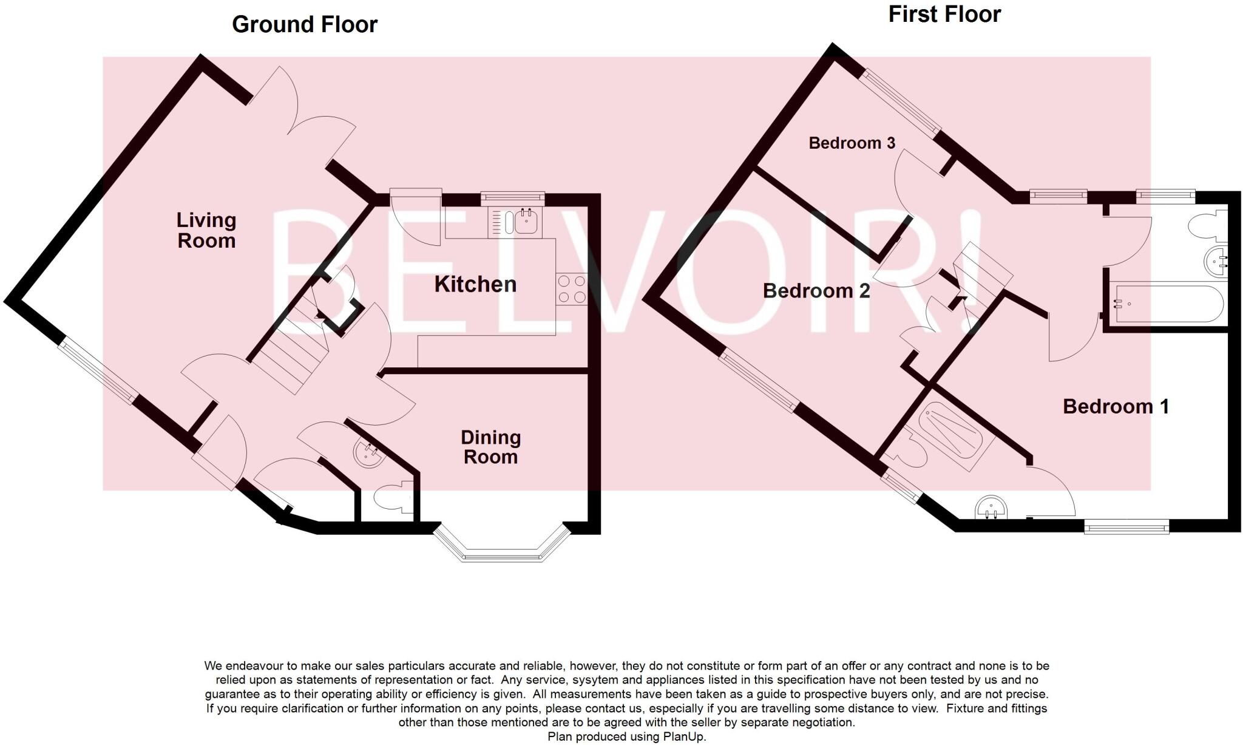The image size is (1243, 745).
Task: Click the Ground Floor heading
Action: click(305, 24)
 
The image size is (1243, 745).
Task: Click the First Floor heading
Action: click(944, 14)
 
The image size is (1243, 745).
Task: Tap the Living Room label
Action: click(206, 230)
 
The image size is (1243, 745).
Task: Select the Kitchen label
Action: click(475, 284)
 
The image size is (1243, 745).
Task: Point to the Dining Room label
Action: click(490, 447)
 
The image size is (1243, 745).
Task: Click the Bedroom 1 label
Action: click(1116, 406)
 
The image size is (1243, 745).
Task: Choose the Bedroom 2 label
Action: click(816, 291)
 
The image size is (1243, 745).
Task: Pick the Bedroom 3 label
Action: click(852, 143)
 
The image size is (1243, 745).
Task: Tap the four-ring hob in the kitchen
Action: click(571, 289)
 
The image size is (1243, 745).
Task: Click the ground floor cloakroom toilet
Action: click(388, 499)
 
